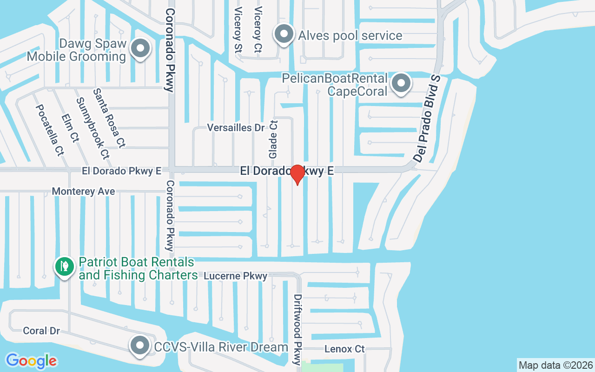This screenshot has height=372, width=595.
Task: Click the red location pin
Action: click(297, 174)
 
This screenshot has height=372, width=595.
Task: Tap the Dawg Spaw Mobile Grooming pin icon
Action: click(139, 49)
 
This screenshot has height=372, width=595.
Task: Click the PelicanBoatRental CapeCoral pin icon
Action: click(401, 84)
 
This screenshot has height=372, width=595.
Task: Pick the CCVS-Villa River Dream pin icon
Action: click(139, 345)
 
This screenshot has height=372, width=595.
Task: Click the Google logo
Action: click(31, 361)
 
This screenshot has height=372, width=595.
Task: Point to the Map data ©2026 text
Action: click(555, 365)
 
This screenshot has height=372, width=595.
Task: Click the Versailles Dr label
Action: click(235, 127)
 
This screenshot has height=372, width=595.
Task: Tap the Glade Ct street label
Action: click(273, 138)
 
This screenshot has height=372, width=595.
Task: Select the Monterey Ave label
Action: click(83, 191)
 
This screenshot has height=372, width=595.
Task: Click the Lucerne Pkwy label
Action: click(236, 276)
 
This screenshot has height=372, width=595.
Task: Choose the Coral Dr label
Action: click(41, 331)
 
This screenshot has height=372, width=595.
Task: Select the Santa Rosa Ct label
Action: click(109, 118)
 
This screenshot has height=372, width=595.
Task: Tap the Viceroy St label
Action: click(238, 29)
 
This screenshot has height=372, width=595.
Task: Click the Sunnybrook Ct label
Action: click(92, 128)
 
